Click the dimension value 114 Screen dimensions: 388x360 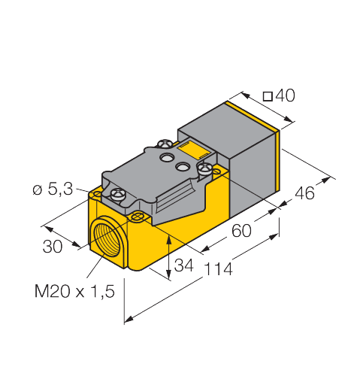pos(218,269)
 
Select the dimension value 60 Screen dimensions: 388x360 pos(241,231)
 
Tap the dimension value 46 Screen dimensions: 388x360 pos(305,194)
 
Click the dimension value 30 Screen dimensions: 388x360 pos(52,247)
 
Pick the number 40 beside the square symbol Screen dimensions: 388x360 pos(284,95)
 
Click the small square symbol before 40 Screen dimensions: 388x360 pos(266,95)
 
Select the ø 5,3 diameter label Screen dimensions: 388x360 pos(53,190)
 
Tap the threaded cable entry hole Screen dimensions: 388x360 pos(104,239)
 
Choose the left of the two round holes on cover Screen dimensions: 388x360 pos(168,156)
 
